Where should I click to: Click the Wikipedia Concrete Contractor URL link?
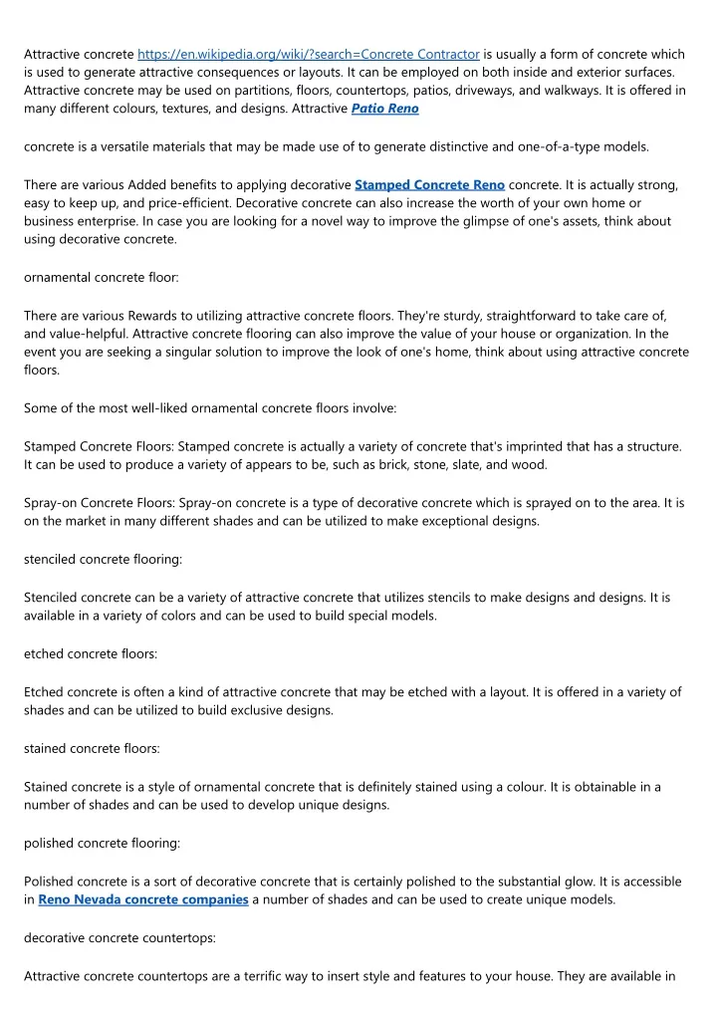tap(309, 54)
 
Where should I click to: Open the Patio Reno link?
tap(385, 109)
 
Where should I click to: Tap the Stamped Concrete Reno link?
tap(429, 184)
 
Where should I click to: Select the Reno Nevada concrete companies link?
tap(143, 899)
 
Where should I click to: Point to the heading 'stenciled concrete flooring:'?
tap(103, 560)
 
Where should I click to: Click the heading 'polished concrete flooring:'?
tap(102, 843)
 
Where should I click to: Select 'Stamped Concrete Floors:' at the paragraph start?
tap(104, 447)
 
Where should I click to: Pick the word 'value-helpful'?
tap(96, 335)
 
